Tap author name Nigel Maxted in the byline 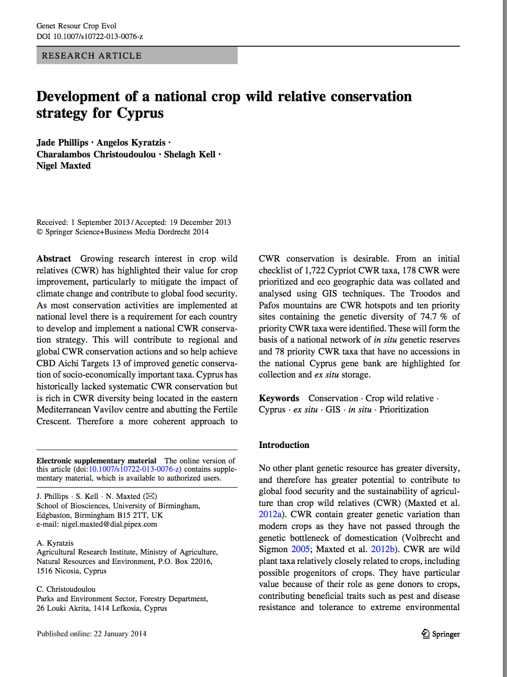click(x=63, y=166)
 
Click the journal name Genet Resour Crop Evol click(x=76, y=26)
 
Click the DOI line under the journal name click(x=89, y=36)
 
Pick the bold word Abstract click(x=54, y=259)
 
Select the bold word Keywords click(x=279, y=398)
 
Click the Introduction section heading click(x=284, y=444)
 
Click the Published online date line click(x=91, y=634)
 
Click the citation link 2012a click(x=272, y=514)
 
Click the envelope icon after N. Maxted click(x=151, y=497)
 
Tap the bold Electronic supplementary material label click(x=97, y=460)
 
